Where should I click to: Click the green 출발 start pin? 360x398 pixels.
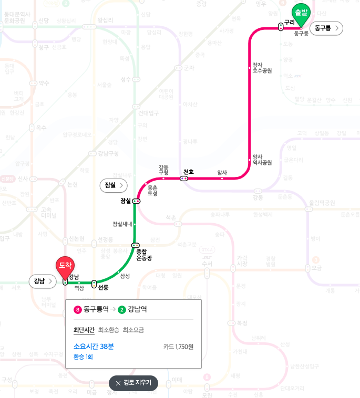301,14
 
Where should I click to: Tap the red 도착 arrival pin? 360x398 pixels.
65,267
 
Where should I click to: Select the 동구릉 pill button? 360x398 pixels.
326,28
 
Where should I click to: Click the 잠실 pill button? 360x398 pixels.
113,185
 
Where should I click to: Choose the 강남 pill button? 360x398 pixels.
42,281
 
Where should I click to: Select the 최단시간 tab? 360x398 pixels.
84,330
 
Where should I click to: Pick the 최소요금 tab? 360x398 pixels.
133,330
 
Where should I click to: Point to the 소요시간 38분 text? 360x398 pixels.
94,347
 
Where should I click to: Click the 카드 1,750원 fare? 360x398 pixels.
178,347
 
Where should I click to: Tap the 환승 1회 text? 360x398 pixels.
83,357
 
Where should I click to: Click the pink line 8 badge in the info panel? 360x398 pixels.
78,309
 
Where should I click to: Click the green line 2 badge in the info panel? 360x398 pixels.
122,309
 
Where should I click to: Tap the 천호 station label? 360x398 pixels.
189,172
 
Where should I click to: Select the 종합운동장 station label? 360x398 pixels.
144,255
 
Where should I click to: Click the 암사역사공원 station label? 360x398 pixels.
262,160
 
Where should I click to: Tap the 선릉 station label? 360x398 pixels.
104,287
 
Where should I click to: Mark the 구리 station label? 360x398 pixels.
289,22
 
